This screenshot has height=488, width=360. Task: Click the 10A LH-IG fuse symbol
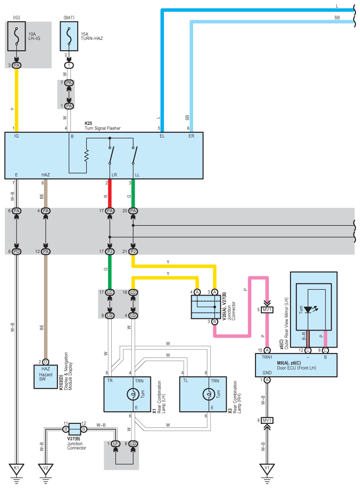(x=17, y=36)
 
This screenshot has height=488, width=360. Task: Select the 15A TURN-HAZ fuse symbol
(x=69, y=36)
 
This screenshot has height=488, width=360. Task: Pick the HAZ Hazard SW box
(x=46, y=377)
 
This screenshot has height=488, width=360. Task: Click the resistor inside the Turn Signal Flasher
(x=86, y=155)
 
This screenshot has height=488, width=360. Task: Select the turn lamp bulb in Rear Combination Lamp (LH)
(x=133, y=394)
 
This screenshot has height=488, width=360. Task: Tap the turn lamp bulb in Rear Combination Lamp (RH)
(x=209, y=394)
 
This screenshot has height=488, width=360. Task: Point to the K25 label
(x=88, y=123)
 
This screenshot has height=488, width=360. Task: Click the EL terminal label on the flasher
(x=162, y=136)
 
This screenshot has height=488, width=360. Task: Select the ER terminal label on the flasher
(x=191, y=136)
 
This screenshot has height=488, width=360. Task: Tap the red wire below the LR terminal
(x=110, y=194)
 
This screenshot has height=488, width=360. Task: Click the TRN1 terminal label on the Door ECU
(x=267, y=357)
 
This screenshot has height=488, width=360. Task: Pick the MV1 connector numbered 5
(x=267, y=309)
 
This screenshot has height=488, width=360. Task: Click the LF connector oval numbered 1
(x=115, y=444)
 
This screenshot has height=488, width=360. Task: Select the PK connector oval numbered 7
(x=69, y=83)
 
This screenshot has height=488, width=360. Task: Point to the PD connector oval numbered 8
(x=17, y=252)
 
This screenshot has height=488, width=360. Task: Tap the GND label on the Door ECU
(x=267, y=373)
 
